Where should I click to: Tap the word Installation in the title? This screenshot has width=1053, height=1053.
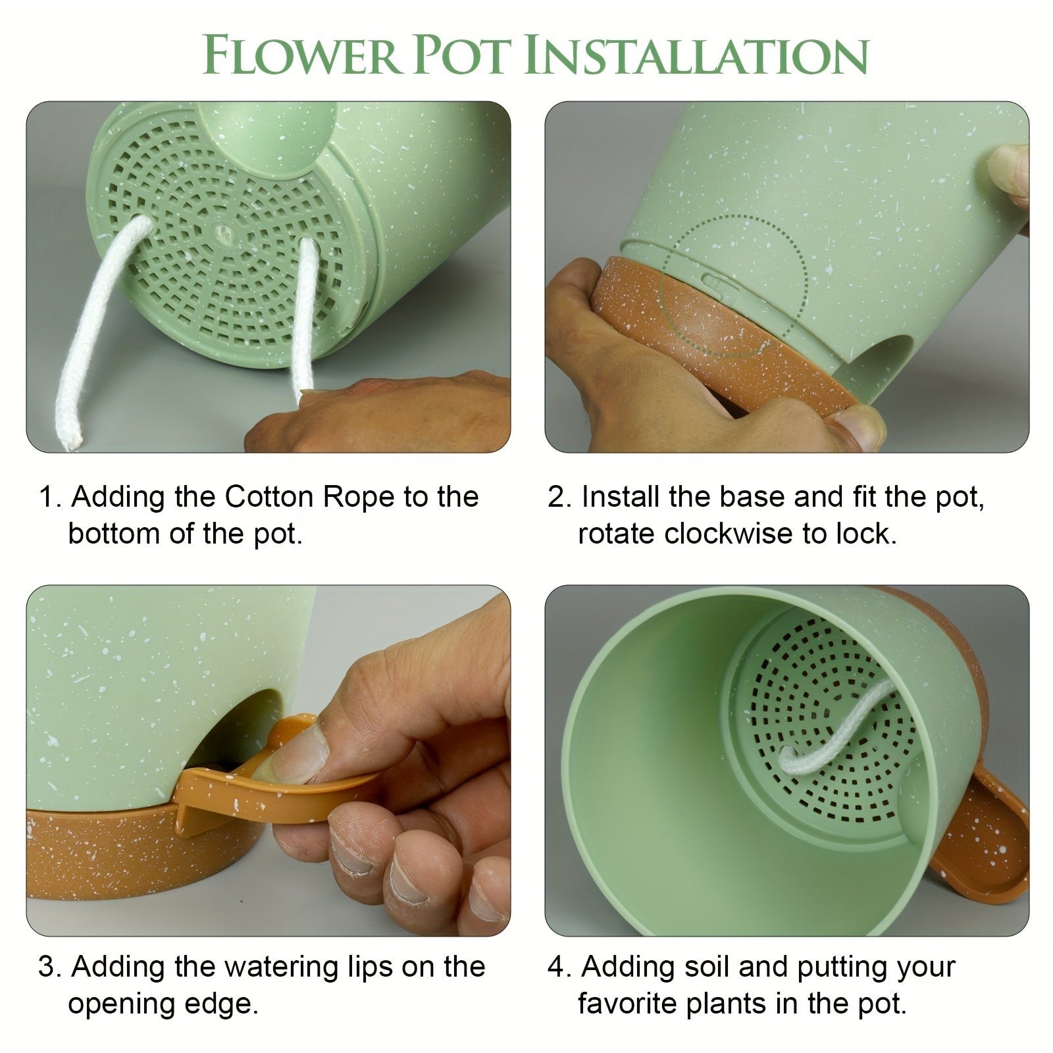pos(698,55)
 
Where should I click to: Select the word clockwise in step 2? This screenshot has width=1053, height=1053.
pos(729,534)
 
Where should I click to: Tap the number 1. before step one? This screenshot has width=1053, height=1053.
pos(50,498)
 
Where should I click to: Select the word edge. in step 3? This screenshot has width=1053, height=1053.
pos(224,1005)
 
